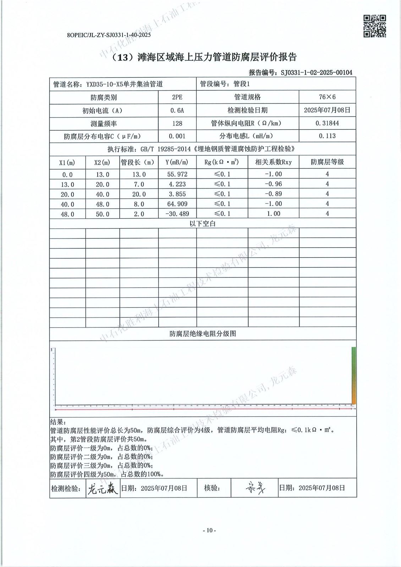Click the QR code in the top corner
tap(375, 26)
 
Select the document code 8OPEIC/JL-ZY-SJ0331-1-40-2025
tap(109, 35)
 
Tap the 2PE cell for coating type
tap(177, 97)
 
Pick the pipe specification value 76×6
tap(327, 97)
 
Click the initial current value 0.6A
tap(177, 110)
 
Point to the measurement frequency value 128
tap(177, 123)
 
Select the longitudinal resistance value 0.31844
tap(327, 123)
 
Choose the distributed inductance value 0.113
tap(327, 136)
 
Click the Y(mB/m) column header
tap(177, 162)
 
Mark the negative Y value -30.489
tap(177, 214)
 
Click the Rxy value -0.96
tap(273, 184)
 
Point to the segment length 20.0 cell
tap(139, 194)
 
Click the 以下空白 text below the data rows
tap(202, 224)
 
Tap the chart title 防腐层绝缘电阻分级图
tap(203, 333)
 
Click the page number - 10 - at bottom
tap(209, 530)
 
